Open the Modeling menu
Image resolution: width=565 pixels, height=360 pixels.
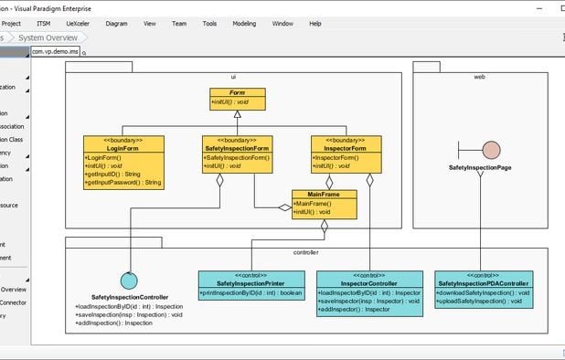pos(244,23)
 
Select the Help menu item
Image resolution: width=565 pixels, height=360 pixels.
pos(315,23)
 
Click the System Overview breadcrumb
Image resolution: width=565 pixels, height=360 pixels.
pos(48,37)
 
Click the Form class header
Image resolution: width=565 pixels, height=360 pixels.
pos(238,93)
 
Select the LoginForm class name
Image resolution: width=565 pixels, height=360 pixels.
pos(123,148)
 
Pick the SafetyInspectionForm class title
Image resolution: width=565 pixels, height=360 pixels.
pos(237,148)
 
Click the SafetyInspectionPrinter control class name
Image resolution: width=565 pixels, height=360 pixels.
pos(250,283)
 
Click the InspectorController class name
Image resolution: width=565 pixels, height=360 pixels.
pos(369,283)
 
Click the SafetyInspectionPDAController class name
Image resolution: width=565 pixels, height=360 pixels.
pos(482,283)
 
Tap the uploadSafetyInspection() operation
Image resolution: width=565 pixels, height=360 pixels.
pos(479,301)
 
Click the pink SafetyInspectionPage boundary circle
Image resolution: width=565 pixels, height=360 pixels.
pos(491,150)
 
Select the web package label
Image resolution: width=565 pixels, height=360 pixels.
pos(479,77)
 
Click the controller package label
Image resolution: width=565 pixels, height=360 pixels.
pos(305,251)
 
